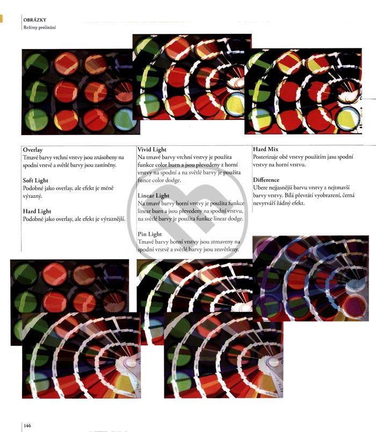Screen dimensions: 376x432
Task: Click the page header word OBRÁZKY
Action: (x=35, y=20)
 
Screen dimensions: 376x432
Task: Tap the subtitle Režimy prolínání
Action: (x=40, y=27)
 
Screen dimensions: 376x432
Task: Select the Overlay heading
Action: (x=33, y=150)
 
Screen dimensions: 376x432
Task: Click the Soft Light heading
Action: (x=35, y=180)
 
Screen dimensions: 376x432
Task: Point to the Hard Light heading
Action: (x=37, y=211)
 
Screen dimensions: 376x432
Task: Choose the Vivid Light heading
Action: (x=152, y=150)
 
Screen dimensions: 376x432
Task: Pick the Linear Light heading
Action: (x=154, y=196)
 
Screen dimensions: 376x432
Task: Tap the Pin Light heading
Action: (x=150, y=234)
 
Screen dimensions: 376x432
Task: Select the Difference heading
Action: (x=266, y=180)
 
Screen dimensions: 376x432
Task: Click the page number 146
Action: (x=27, y=426)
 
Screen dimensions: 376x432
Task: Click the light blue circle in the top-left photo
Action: (x=125, y=119)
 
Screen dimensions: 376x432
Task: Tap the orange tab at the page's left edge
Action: (x=1, y=18)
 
